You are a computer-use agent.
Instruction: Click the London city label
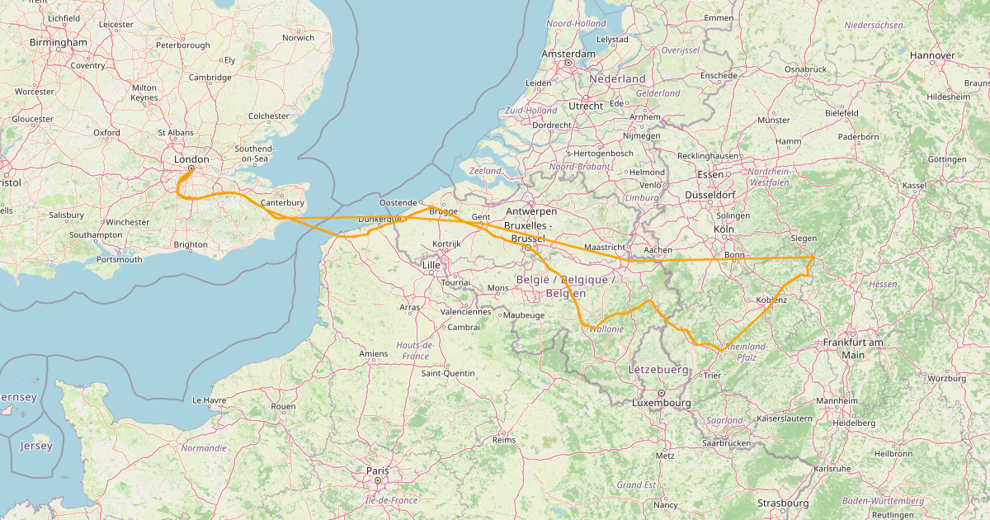[x=191, y=159]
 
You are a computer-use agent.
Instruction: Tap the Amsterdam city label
[x=568, y=54]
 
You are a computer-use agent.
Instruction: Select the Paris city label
[x=377, y=470]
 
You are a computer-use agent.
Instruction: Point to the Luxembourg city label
[x=661, y=403]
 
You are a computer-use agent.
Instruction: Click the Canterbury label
[x=283, y=202]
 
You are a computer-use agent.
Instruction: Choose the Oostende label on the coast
[x=398, y=202]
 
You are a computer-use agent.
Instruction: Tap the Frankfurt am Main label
[x=853, y=348]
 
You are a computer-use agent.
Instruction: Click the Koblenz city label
[x=771, y=300]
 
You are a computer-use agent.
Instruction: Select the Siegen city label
[x=804, y=239]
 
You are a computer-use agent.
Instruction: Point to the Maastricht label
[x=605, y=247]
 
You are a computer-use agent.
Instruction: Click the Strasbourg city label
[x=783, y=503]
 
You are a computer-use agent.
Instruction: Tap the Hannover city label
[x=932, y=55]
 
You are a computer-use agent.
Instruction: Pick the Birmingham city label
[x=58, y=42]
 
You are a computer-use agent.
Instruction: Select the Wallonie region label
[x=606, y=329]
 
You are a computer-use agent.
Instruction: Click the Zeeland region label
[x=485, y=171]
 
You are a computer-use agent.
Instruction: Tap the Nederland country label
[x=618, y=78]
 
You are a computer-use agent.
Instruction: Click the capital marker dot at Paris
[x=377, y=480]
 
